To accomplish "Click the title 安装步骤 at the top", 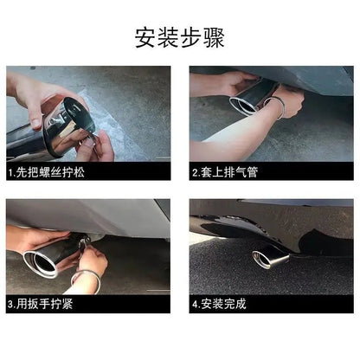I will pos(179,37).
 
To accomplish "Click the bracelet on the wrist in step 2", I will pos(279,109).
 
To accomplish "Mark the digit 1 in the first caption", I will pos(10,172).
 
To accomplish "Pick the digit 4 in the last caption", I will pos(196,304).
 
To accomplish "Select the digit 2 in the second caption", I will pos(196,172).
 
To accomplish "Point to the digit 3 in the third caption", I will pos(10,304).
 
